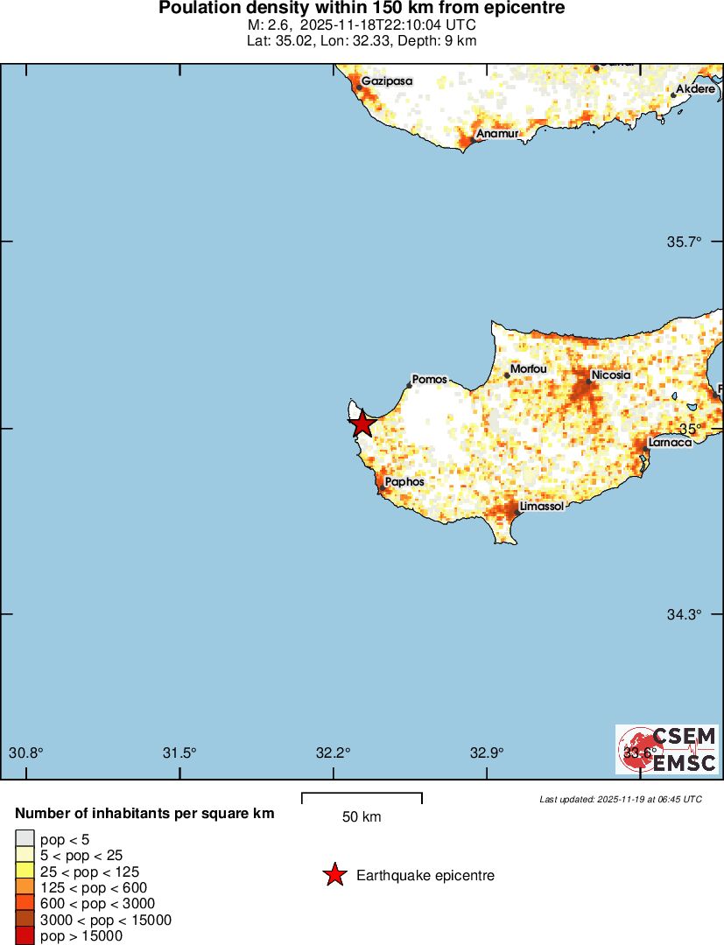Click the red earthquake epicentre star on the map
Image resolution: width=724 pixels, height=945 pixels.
click(362, 424)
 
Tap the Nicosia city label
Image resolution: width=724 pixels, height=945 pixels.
click(611, 375)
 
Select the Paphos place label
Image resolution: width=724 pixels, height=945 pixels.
click(404, 482)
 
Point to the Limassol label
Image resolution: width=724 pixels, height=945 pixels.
click(541, 507)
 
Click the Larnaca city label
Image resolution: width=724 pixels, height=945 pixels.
click(670, 442)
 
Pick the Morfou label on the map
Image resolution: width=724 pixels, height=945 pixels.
click(529, 369)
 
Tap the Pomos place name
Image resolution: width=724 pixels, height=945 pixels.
click(429, 380)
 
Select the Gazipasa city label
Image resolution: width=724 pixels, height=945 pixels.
click(386, 80)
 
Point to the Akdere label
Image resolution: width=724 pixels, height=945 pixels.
click(698, 89)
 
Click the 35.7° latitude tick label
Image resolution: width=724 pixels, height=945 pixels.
click(684, 241)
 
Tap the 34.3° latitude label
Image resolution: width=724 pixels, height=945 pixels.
click(684, 615)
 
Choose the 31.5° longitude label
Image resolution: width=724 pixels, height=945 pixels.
click(179, 752)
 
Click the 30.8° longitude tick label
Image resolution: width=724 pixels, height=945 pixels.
click(26, 752)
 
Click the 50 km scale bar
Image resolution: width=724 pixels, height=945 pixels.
click(362, 797)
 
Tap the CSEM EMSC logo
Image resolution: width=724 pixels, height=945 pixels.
click(667, 749)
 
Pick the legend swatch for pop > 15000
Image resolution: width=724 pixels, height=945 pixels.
click(25, 936)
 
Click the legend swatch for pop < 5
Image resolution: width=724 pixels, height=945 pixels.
click(25, 839)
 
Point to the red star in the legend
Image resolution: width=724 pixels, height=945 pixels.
click(334, 875)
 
